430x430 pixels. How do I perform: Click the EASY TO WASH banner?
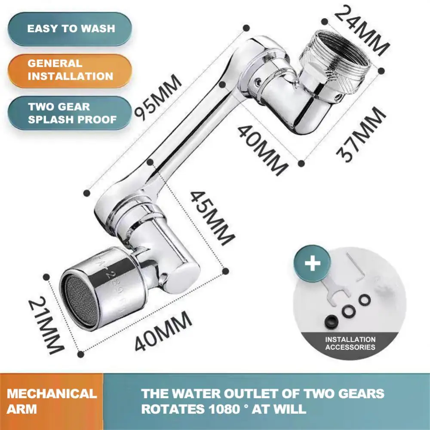click(x=71, y=29)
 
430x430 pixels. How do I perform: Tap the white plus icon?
click(x=313, y=263)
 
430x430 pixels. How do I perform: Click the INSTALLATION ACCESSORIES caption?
click(x=350, y=343)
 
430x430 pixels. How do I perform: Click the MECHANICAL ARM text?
click(x=52, y=401)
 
